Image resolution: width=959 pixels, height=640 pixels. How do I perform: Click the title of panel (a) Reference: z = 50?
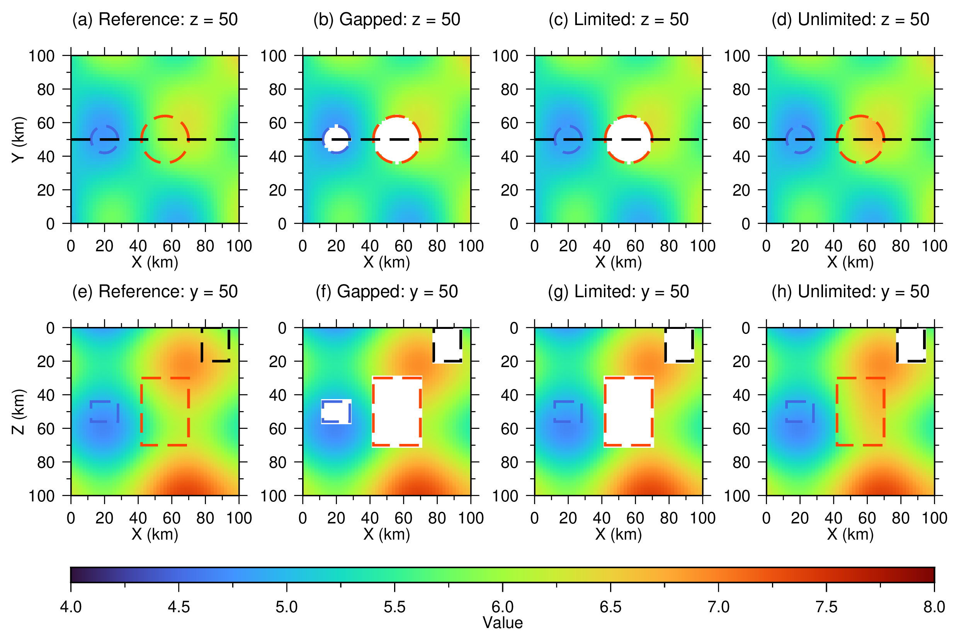coord(155,20)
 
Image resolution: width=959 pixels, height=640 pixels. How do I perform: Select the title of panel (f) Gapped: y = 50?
coord(387,292)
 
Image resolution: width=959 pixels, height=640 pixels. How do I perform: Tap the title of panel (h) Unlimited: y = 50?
coord(850,292)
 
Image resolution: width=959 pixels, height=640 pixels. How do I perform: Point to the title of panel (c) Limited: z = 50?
coord(618,20)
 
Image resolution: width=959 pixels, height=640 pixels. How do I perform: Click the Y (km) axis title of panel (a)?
coord(19,140)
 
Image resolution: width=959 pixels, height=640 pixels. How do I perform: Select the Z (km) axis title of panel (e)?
coord(19,412)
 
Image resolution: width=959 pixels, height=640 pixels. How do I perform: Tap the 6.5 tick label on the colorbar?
coord(610,607)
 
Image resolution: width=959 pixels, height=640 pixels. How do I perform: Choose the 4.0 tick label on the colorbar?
coord(71,607)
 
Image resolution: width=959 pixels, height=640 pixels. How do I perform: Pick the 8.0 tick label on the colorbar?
coord(934,607)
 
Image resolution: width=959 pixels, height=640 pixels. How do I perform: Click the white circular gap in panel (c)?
coord(629,140)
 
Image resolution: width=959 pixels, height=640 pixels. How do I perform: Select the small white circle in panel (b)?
coord(336,139)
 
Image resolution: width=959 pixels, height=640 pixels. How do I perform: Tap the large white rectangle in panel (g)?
coord(629,411)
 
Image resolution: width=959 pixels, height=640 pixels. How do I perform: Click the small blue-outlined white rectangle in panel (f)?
coord(336,411)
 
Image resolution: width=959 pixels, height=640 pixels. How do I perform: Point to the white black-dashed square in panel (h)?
coord(911,345)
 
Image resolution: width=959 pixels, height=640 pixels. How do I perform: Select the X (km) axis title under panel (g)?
coord(618,534)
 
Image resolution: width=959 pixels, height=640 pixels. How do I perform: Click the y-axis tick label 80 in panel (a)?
coord(46,90)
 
